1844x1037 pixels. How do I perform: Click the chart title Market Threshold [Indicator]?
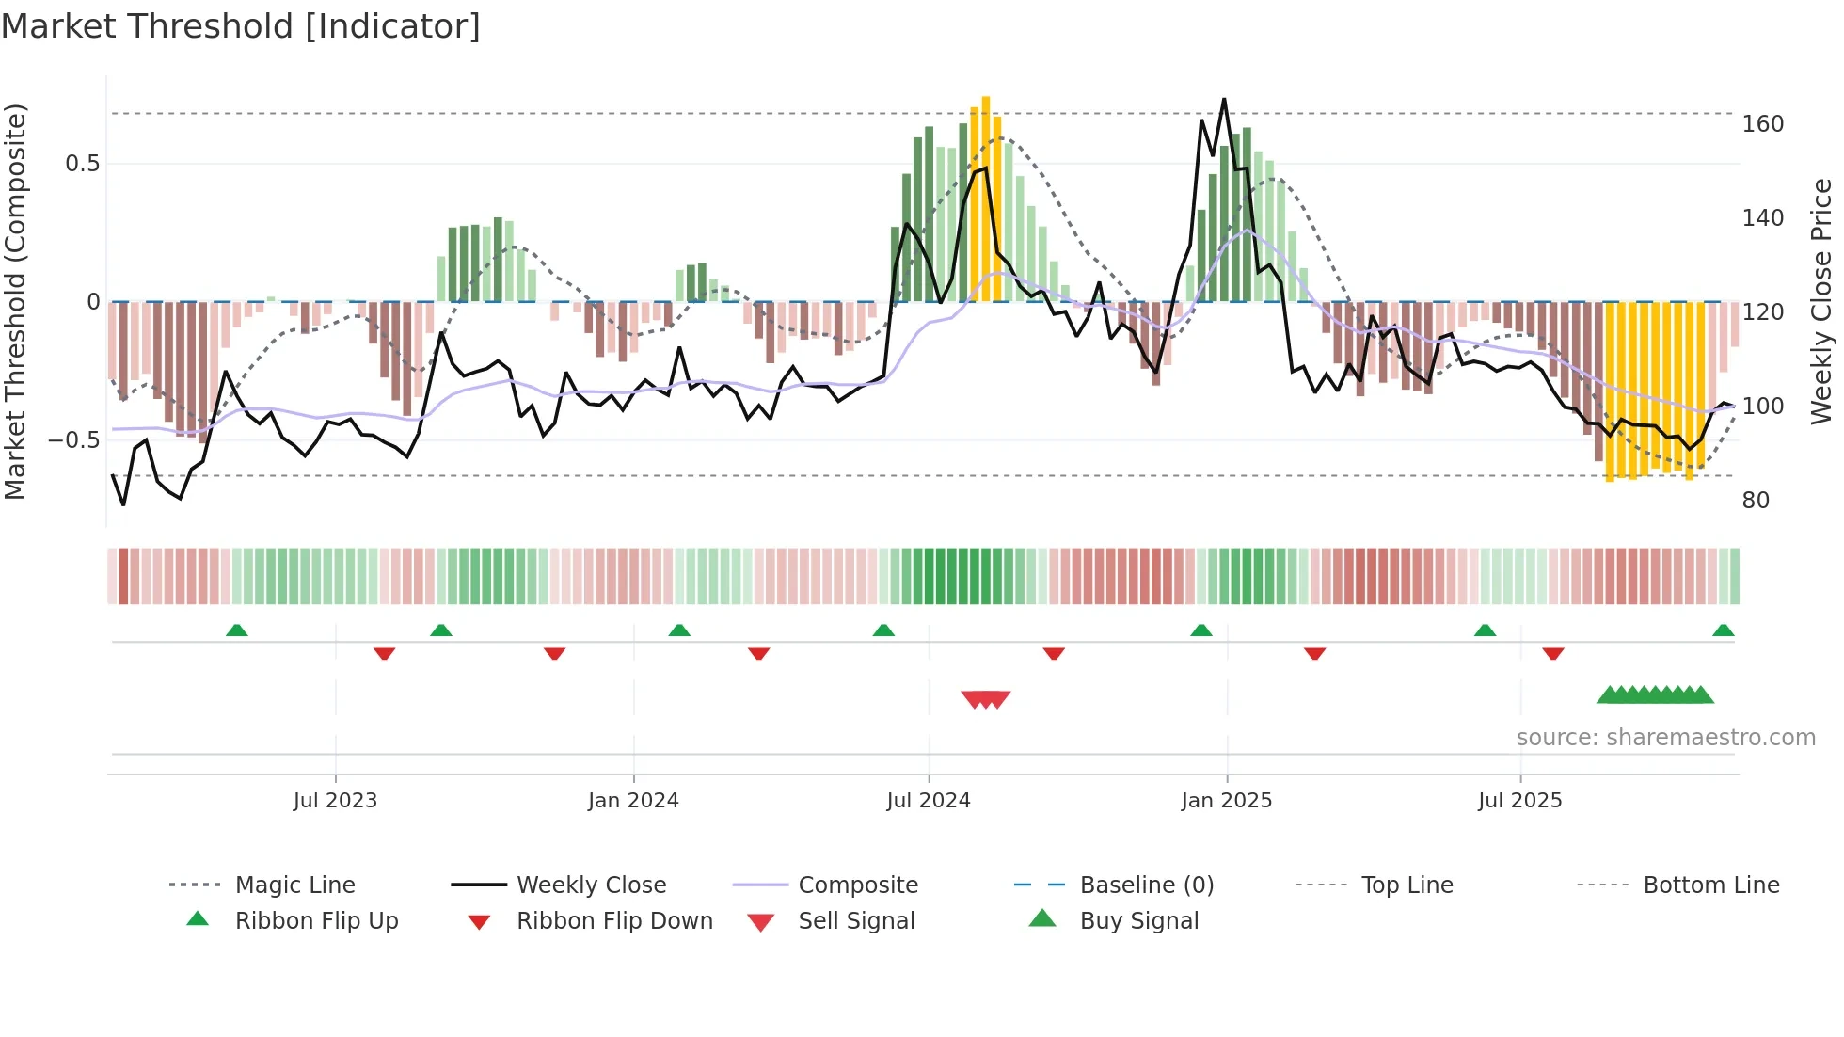(x=241, y=26)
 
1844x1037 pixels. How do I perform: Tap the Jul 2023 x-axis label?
(x=335, y=801)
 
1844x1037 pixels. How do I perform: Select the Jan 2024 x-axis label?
(x=633, y=801)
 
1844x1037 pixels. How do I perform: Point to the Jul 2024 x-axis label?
(x=928, y=801)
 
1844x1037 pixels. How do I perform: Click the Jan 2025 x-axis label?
(x=1226, y=801)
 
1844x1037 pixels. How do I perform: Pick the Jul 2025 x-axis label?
(x=1519, y=801)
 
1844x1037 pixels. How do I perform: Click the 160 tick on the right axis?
(x=1762, y=124)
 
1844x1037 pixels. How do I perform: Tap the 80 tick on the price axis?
(x=1756, y=501)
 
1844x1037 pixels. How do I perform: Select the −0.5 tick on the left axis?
(x=73, y=440)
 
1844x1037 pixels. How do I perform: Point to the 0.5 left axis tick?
(x=82, y=164)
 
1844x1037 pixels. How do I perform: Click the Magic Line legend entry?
(x=294, y=885)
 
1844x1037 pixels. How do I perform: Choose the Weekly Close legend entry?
(x=591, y=885)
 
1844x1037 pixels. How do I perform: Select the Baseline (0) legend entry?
(x=1146, y=885)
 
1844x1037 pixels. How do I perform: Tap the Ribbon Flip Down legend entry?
(x=613, y=921)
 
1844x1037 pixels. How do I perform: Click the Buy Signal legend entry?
(x=1138, y=921)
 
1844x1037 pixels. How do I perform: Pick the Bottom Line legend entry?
(x=1710, y=885)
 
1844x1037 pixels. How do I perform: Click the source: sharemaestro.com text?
(x=1665, y=738)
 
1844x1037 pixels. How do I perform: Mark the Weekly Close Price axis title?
(x=1821, y=301)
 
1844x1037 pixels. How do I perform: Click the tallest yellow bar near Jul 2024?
(x=986, y=198)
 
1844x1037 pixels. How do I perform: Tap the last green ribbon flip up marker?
(x=1723, y=630)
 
